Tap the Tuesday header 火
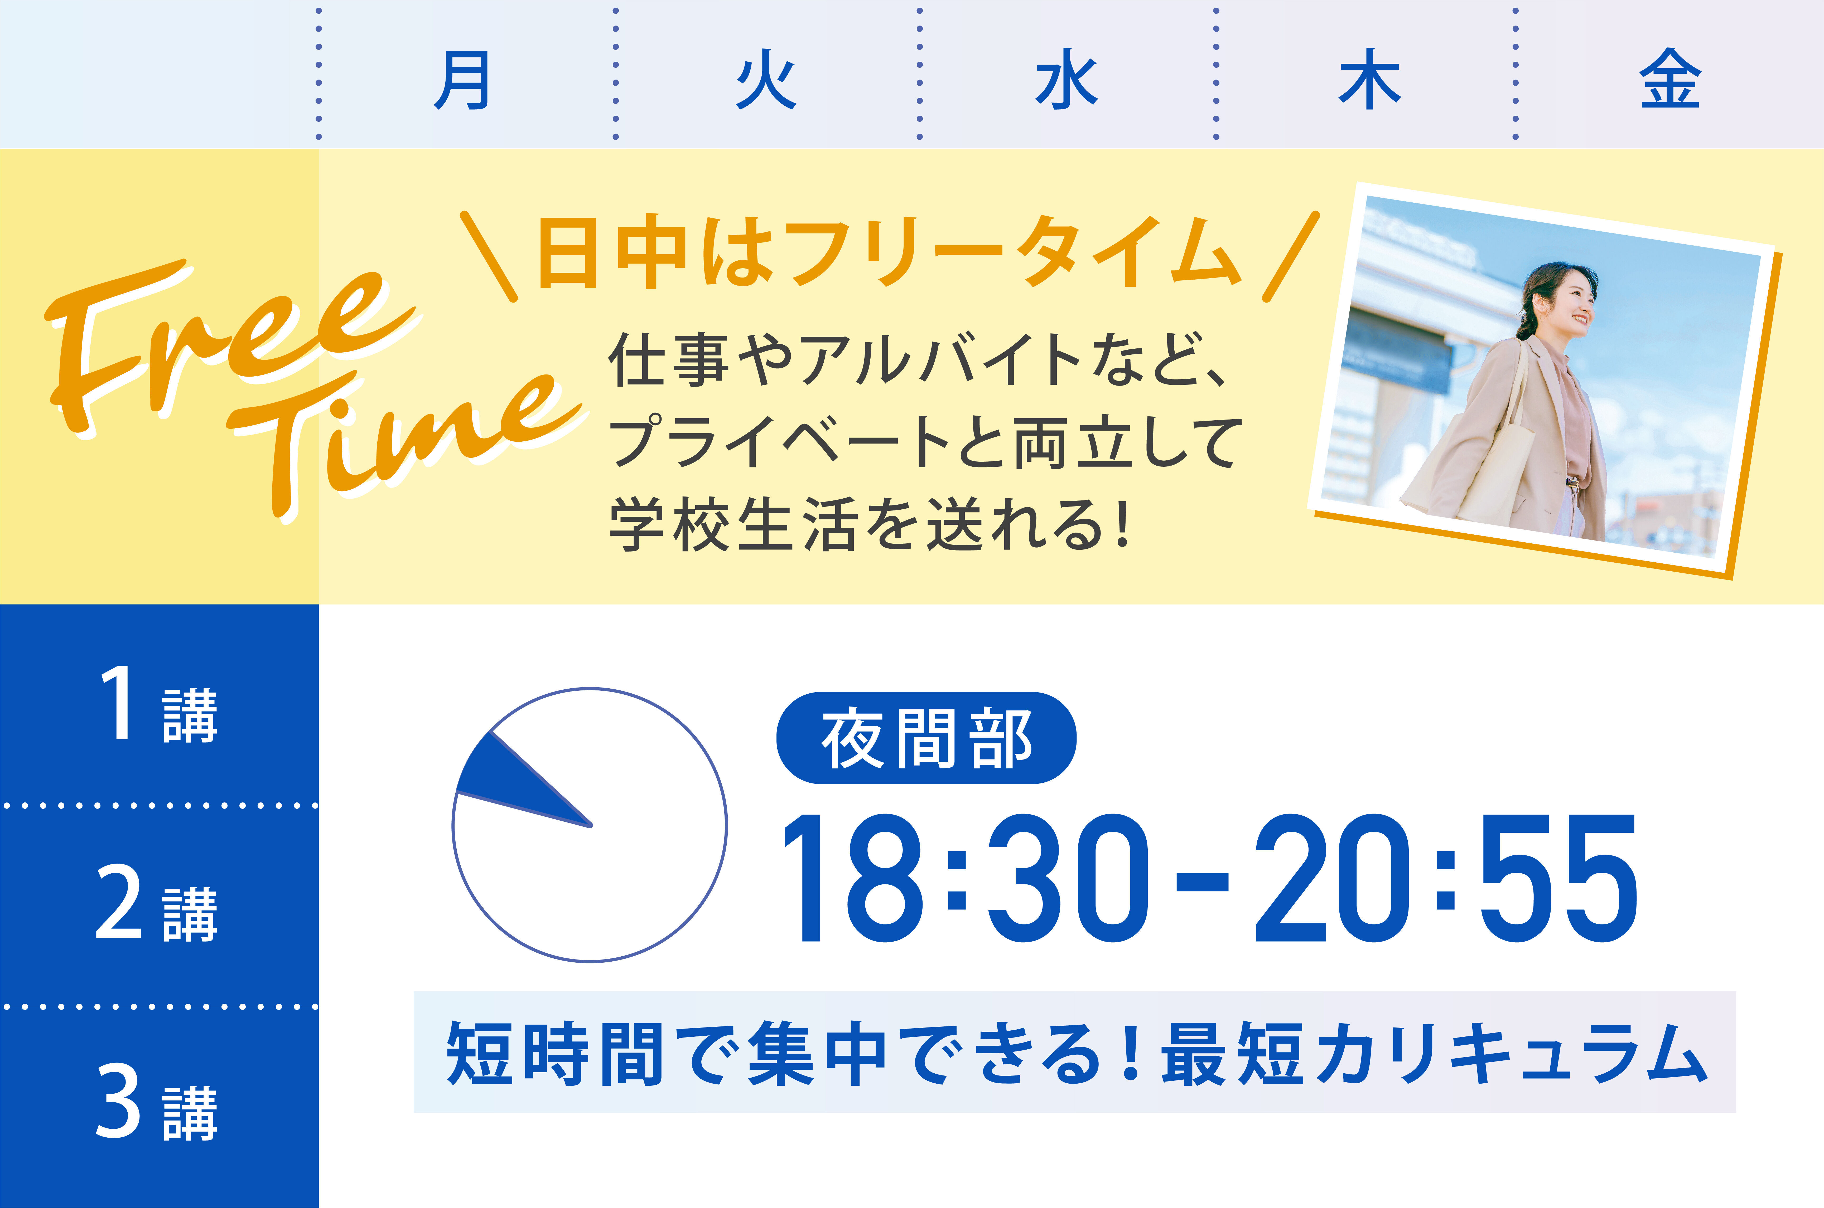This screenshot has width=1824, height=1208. (766, 80)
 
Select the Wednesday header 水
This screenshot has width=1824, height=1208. (1067, 80)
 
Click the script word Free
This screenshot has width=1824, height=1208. (224, 347)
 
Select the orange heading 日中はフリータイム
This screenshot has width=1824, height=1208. (890, 253)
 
